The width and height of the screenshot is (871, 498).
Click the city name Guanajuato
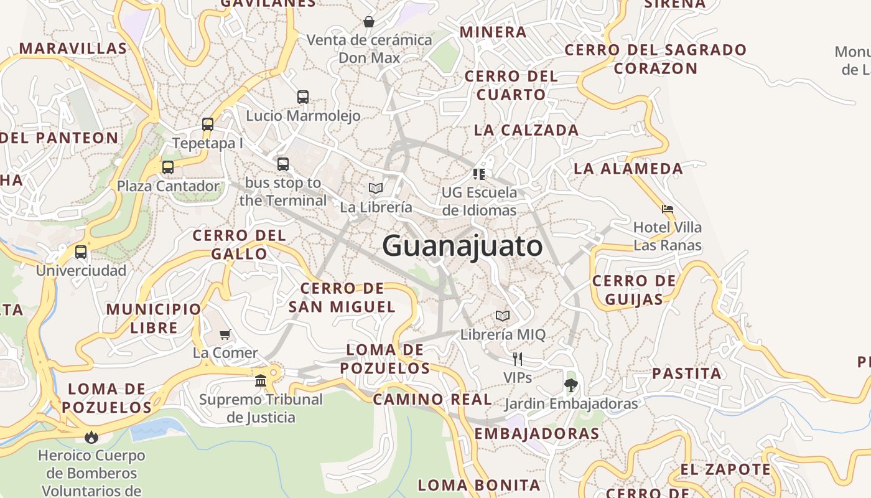pos(462,247)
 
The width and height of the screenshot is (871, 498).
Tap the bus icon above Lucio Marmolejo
pos(303,97)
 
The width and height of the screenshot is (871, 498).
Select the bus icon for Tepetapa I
pos(208,124)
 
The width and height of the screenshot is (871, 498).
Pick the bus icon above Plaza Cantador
pos(168,167)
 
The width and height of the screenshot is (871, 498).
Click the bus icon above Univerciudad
pos(81,252)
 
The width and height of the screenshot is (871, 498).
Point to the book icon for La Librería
pos(376,188)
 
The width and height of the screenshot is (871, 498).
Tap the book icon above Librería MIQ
pos(503,316)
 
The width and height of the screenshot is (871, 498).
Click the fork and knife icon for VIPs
pos(517,359)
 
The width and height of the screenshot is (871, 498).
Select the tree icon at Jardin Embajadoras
pos(571,385)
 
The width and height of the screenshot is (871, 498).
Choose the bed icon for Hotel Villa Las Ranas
pos(668,209)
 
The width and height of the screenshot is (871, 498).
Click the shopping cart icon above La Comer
pos(225,334)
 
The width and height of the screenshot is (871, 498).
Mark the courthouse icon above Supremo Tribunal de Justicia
pos(261,380)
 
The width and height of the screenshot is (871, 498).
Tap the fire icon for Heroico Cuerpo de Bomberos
pos(91,437)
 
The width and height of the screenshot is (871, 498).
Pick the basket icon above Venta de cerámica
pos(369,22)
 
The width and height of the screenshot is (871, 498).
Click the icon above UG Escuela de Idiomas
pos(478,174)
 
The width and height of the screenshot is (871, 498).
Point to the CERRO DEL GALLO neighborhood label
pos(240,245)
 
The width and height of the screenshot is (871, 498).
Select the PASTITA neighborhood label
pos(687,374)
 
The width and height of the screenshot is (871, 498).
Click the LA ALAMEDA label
pos(628,168)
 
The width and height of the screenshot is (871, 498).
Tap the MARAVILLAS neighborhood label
pos(73,48)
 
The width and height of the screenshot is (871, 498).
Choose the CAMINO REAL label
pos(432,399)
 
